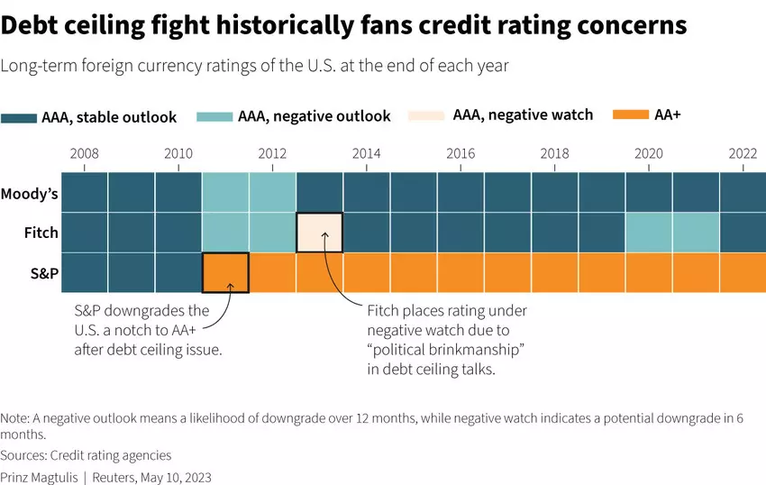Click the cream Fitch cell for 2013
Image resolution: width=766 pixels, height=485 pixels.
click(x=319, y=233)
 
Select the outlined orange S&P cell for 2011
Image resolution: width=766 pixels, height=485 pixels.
click(x=225, y=273)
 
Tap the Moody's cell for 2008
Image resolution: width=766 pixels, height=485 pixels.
click(x=85, y=193)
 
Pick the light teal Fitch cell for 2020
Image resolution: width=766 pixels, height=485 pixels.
click(x=649, y=233)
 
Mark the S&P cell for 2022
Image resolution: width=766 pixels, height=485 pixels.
click(x=743, y=273)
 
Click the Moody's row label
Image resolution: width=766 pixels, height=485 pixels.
click(x=29, y=194)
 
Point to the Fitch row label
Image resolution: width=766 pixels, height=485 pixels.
click(x=41, y=233)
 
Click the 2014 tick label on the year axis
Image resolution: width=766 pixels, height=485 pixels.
click(x=366, y=153)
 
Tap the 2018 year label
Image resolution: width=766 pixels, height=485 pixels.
click(x=554, y=153)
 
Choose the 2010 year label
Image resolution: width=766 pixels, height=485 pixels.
click(x=178, y=153)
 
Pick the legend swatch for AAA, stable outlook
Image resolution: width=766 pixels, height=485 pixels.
click(x=19, y=117)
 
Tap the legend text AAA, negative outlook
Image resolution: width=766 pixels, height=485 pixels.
click(x=314, y=116)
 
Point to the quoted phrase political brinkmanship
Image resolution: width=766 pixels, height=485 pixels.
click(x=446, y=348)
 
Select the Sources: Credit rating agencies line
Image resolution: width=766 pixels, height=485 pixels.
click(x=86, y=455)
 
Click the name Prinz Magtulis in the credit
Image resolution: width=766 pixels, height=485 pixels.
click(x=39, y=477)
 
